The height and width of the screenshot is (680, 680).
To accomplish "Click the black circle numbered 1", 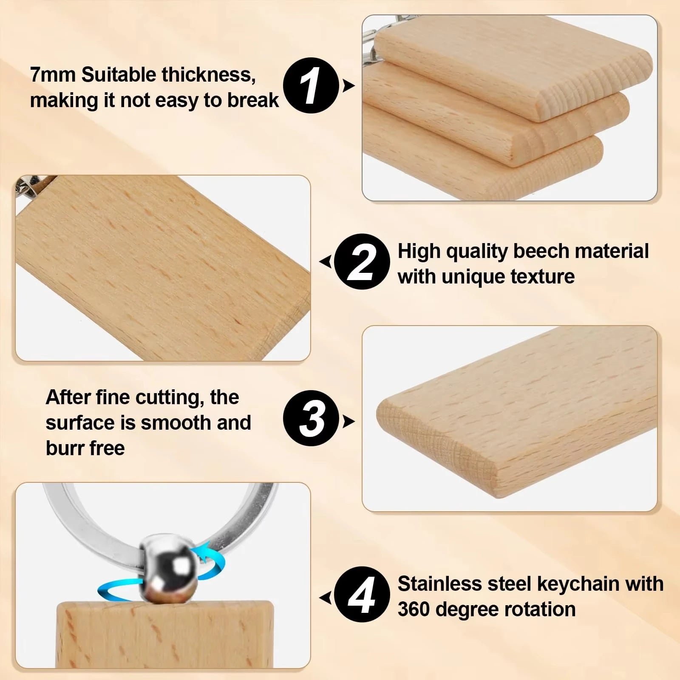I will coord(311,85).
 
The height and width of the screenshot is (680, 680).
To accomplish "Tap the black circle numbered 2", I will coord(362,261).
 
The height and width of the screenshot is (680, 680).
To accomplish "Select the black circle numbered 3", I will coord(311,418).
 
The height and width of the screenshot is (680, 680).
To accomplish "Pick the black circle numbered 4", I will coord(362,595).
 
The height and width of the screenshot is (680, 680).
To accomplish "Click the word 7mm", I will coord(53,75).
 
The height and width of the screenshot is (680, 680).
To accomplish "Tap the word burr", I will coord(63,448).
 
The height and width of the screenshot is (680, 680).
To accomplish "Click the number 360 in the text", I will coord(414,609).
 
